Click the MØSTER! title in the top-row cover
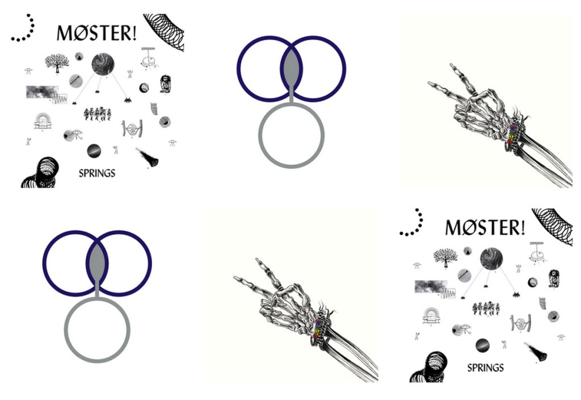point(96,33)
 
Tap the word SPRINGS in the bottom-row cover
point(486,368)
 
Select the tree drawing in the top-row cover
point(57,63)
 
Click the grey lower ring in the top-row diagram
point(291,165)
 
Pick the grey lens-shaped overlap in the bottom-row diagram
point(97,262)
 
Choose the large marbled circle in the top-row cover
point(103,64)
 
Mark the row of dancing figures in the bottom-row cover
point(486,309)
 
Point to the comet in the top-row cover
point(148,157)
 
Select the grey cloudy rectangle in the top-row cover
point(42,92)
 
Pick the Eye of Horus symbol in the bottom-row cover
point(461,329)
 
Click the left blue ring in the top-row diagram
point(238,69)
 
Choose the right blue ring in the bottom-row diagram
point(150,263)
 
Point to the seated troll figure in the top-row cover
point(165,84)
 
